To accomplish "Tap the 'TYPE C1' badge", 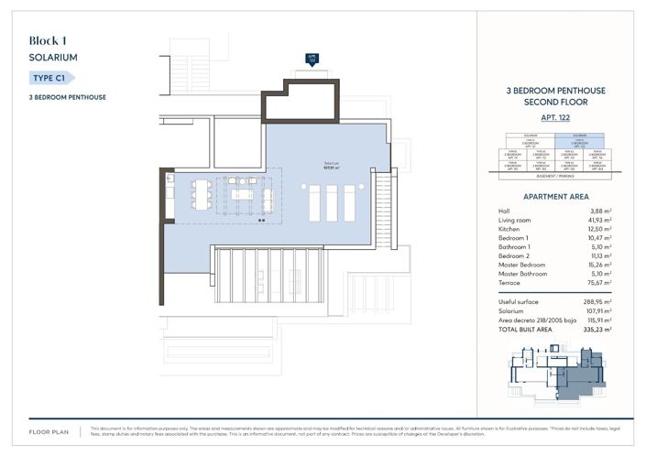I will (54, 79).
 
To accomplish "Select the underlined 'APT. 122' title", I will (555, 118).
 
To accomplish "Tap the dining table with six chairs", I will (203, 195).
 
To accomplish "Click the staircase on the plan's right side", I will (384, 210).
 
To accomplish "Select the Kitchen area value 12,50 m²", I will (592, 229).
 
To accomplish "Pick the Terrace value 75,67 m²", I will (592, 283).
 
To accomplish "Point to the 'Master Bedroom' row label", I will (521, 265).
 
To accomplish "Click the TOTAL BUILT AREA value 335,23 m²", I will (590, 328).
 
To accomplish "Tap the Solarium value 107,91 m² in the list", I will (590, 309).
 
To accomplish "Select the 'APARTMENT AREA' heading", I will (555, 197).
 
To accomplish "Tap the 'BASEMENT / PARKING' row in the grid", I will (555, 176).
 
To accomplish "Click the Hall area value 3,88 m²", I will (594, 211).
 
